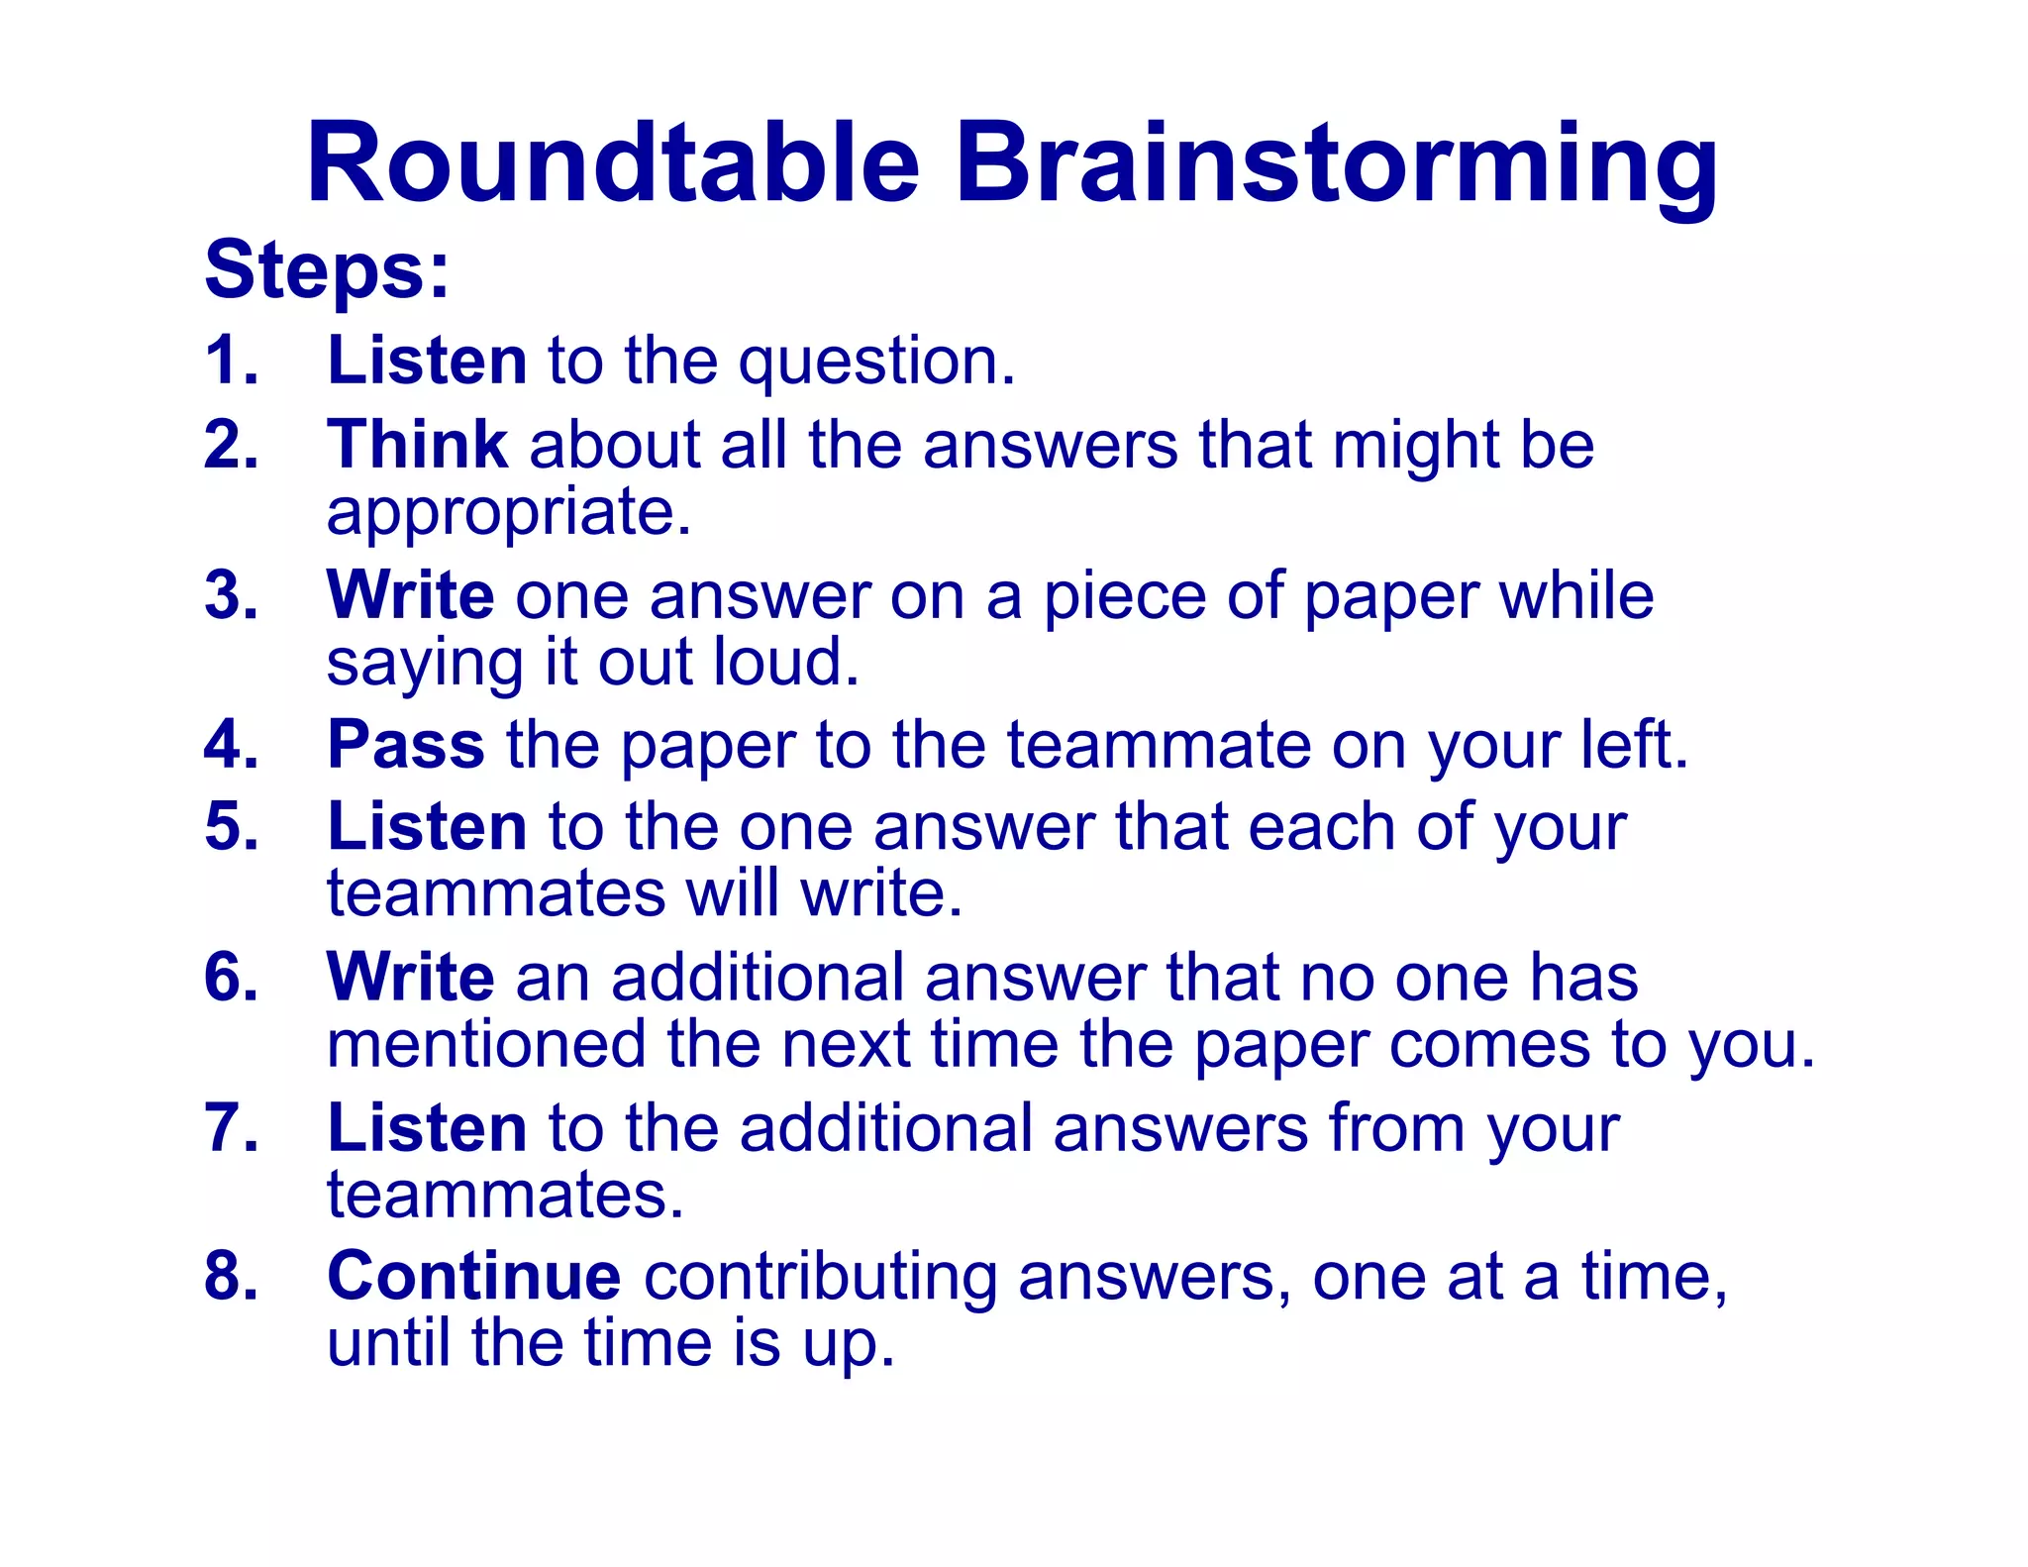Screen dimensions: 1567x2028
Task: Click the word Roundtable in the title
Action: [x=614, y=163]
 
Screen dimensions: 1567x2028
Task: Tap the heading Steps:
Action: [x=327, y=269]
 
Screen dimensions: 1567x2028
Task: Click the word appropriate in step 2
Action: [x=508, y=513]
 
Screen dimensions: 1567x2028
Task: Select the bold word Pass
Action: [x=406, y=744]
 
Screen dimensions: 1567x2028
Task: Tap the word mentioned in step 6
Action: [x=486, y=1044]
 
